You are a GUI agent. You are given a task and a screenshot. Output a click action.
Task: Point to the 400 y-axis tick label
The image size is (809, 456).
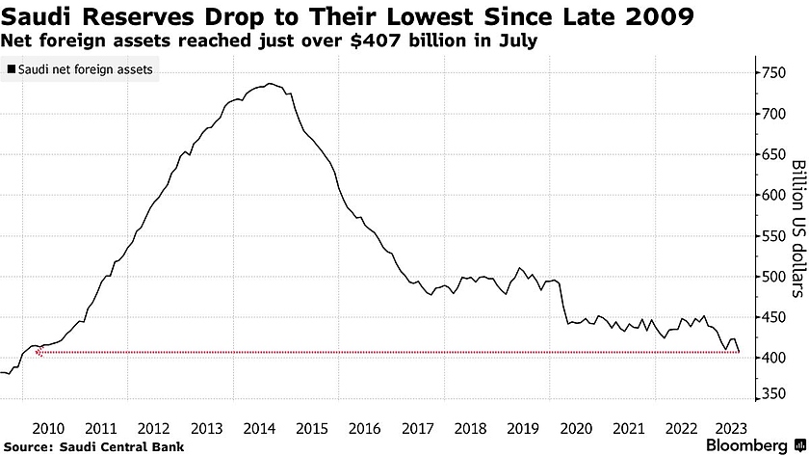pos(772,357)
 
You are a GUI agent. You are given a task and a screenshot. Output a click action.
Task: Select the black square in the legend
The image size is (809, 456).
pos(11,69)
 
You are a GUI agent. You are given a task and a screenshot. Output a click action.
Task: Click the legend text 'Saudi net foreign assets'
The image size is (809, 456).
pos(86,69)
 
